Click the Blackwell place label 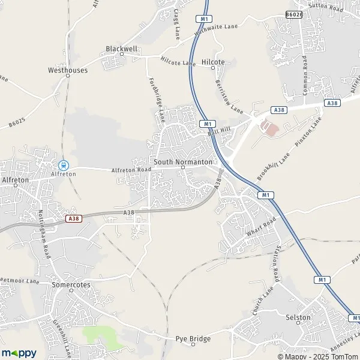121,49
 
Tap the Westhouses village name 68,70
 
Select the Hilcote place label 214,62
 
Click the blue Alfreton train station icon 62,165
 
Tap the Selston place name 298,317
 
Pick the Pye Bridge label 193,339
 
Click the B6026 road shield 293,14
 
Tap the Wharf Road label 260,227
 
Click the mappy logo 19,353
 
